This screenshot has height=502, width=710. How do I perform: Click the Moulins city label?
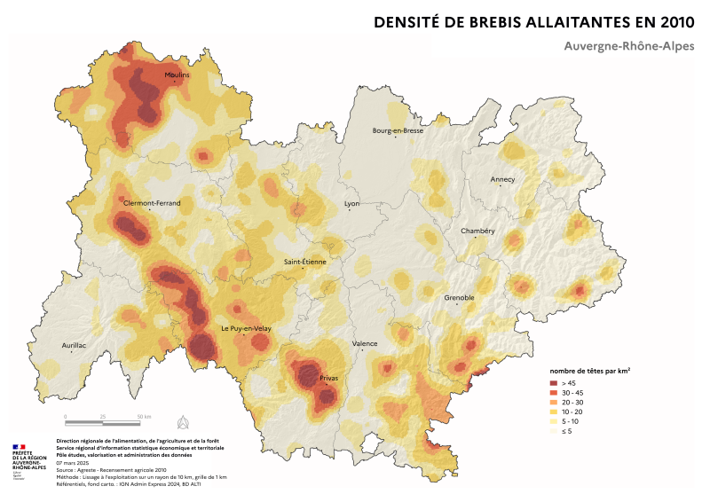[177, 75]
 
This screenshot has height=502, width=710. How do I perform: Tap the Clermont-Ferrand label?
[152, 203]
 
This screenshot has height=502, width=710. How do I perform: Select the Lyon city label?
[352, 203]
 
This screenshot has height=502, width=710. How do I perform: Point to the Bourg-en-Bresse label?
[398, 130]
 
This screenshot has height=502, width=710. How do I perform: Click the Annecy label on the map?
[502, 179]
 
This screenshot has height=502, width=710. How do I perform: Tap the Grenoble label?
[459, 297]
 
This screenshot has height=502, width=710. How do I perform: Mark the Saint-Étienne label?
[305, 262]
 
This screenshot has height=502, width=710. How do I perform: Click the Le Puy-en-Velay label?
[246, 329]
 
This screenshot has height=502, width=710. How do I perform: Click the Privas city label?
[328, 378]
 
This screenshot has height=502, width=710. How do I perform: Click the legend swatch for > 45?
[553, 381]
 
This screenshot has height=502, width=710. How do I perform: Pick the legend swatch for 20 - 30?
[553, 402]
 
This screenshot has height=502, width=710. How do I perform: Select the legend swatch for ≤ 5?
[553, 432]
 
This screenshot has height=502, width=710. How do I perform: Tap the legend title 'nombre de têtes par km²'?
[589, 369]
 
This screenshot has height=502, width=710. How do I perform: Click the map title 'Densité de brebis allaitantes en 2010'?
[533, 21]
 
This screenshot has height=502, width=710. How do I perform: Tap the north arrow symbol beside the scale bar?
[184, 420]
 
